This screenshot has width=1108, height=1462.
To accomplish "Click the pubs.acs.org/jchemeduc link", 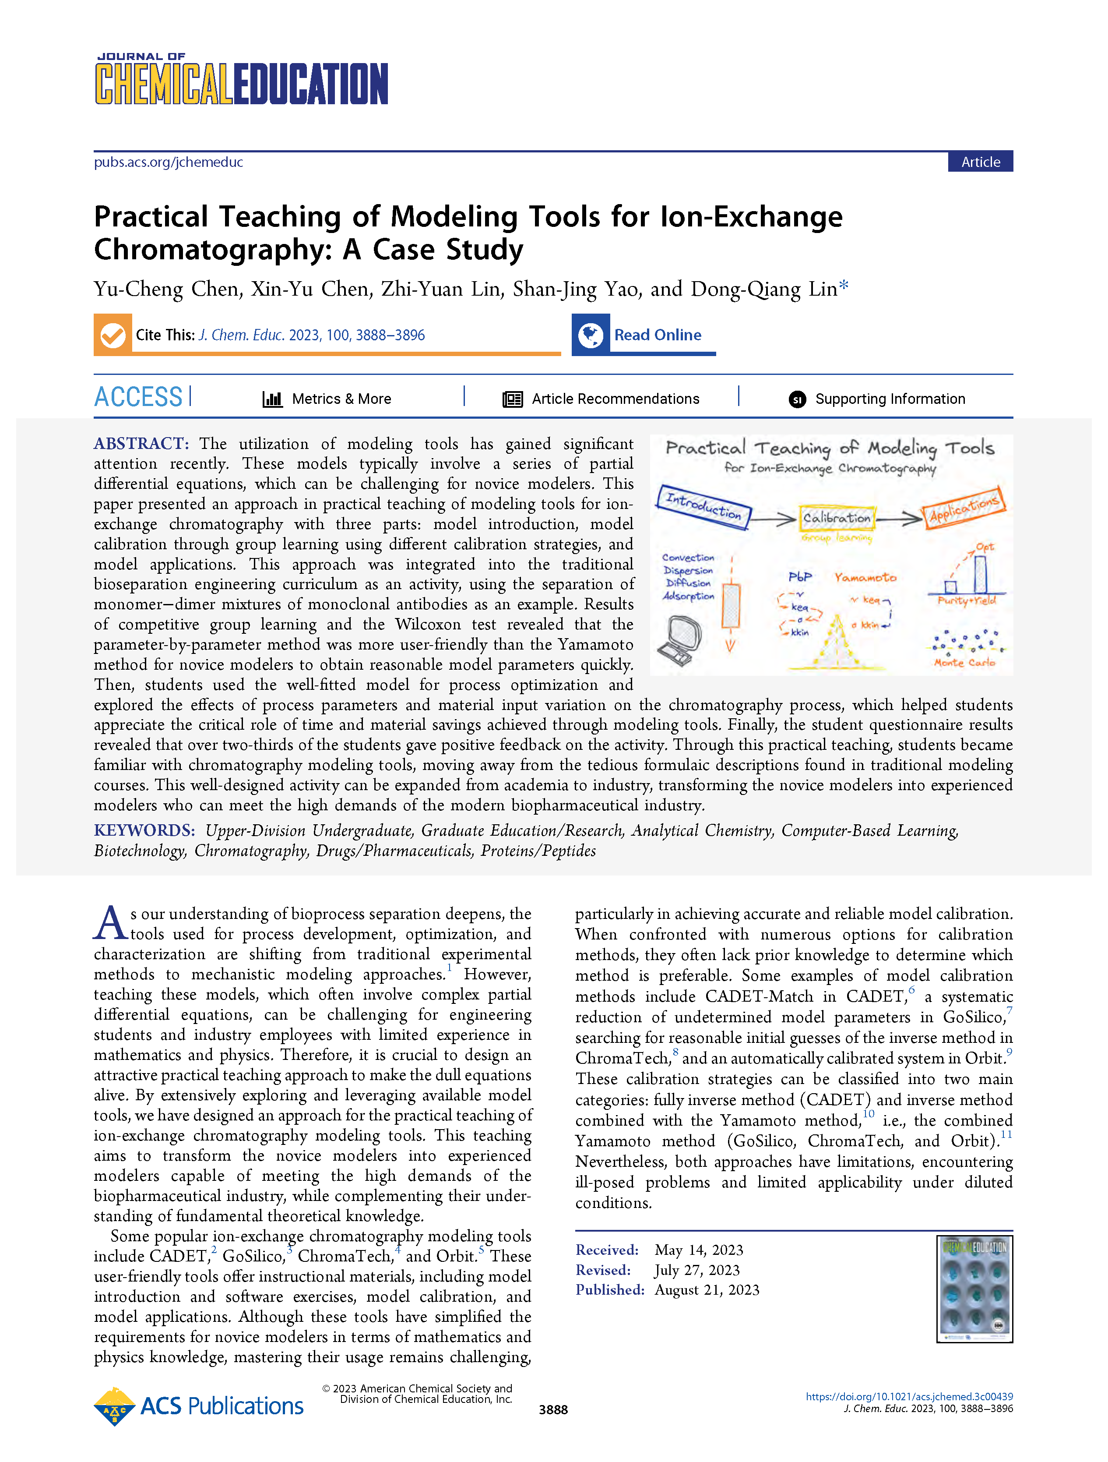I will click(169, 162).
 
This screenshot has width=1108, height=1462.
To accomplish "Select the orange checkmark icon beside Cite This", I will click(113, 335).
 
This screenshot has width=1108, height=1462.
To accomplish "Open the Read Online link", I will click(658, 335).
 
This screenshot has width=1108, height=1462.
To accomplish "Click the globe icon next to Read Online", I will click(591, 335).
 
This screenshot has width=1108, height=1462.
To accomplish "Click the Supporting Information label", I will click(889, 399).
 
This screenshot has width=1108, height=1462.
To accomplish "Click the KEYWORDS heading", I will click(144, 830).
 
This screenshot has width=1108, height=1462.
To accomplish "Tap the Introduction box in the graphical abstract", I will click(703, 507).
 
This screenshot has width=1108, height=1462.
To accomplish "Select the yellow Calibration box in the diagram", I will click(837, 518).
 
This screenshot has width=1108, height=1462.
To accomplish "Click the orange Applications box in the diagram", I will click(964, 507).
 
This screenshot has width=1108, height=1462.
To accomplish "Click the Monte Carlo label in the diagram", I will click(964, 662).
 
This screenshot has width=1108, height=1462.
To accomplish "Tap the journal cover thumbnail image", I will click(974, 1289).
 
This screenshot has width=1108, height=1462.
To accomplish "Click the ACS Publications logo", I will click(199, 1406).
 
